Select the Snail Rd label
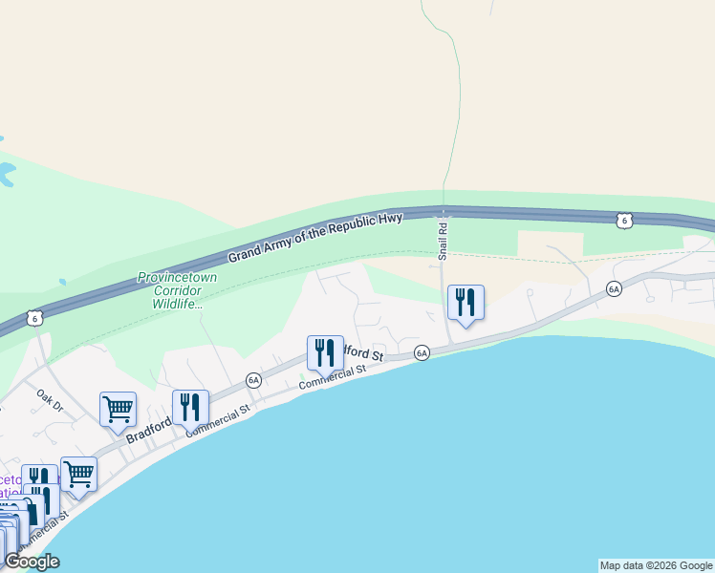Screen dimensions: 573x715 [x=443, y=239]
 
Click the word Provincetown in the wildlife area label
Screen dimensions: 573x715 [x=177, y=277]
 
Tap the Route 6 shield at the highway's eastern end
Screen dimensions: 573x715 [x=623, y=221]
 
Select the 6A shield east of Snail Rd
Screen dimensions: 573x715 [x=614, y=287]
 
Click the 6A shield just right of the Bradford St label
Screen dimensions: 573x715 [x=422, y=353]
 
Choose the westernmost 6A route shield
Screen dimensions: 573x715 [x=253, y=379]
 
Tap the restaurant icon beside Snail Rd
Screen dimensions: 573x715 [x=466, y=303]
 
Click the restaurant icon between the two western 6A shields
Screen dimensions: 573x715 [x=325, y=352]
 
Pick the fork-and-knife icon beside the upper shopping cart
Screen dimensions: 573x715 [x=190, y=407]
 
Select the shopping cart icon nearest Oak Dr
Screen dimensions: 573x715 [x=118, y=409]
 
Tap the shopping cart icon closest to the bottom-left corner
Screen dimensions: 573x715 [x=78, y=474]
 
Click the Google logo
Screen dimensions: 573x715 [x=32, y=562]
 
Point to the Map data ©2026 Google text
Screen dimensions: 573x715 [x=656, y=565]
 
